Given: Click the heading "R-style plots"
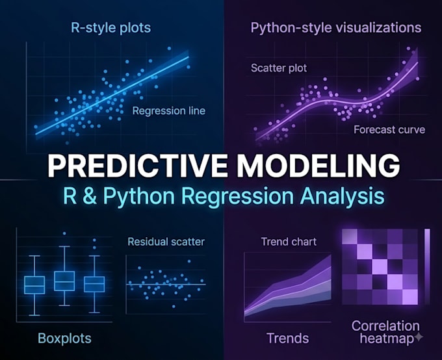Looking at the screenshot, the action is pyautogui.click(x=110, y=28).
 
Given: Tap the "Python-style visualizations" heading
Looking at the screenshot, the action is pyautogui.click(x=336, y=28).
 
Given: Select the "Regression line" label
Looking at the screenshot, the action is pyautogui.click(x=168, y=110).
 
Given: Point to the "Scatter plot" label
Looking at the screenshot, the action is pyautogui.click(x=279, y=68).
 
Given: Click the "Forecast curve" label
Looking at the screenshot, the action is pyautogui.click(x=389, y=130).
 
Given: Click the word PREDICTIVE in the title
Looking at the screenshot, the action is pyautogui.click(x=137, y=166).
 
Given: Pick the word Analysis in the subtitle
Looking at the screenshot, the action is pyautogui.click(x=342, y=196).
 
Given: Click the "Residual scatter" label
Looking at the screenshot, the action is pyautogui.click(x=166, y=242).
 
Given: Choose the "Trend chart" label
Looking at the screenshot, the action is pyautogui.click(x=289, y=242).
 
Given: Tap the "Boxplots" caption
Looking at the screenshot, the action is pyautogui.click(x=64, y=339).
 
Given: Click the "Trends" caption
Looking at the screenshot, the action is pyautogui.click(x=287, y=339).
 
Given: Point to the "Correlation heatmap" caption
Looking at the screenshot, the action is pyautogui.click(x=385, y=332).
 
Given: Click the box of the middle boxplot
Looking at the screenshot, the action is pyautogui.click(x=64, y=281).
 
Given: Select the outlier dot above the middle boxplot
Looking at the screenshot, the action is pyautogui.click(x=64, y=233).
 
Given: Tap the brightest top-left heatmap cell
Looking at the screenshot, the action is pyautogui.click(x=349, y=237).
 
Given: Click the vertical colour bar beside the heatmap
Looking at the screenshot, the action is pyautogui.click(x=427, y=266).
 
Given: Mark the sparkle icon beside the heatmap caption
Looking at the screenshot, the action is pyautogui.click(x=419, y=337).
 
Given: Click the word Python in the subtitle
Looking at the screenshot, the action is pyautogui.click(x=138, y=197).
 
